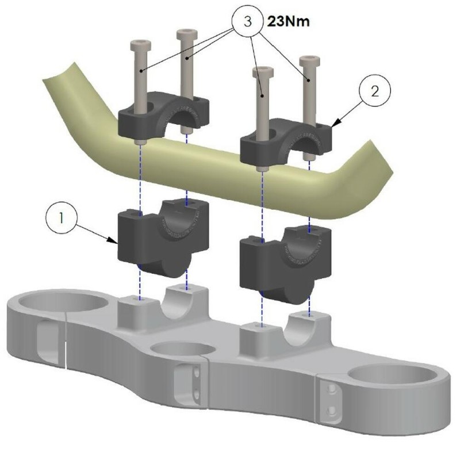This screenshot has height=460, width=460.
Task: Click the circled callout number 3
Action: point(247,22)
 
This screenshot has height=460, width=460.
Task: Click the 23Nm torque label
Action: point(289,22)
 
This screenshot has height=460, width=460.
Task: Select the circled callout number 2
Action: point(375,91)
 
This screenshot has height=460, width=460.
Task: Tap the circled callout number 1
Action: point(62,218)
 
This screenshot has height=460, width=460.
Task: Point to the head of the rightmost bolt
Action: point(309,60)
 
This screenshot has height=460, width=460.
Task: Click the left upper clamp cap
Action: point(163,115)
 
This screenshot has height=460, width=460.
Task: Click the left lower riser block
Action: point(163,237)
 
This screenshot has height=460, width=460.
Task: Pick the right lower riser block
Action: point(285,264)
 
